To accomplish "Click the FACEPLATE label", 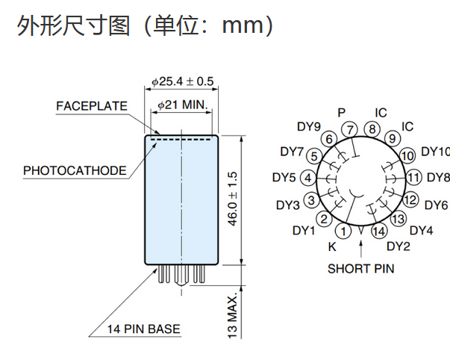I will pyautogui.click(x=91, y=106).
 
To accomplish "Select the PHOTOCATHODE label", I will pyautogui.click(x=75, y=170).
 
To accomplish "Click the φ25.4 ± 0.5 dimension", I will pyautogui.click(x=183, y=81).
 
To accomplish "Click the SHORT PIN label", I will pyautogui.click(x=360, y=268).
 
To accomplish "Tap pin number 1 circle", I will pyautogui.click(x=343, y=231).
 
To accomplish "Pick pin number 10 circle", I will pyautogui.click(x=407, y=156).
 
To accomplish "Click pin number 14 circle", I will pyautogui.click(x=378, y=231).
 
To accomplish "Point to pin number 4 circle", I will pyautogui.click(x=307, y=178).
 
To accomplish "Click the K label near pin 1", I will pyautogui.click(x=332, y=246).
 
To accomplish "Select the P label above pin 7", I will pyautogui.click(x=341, y=112).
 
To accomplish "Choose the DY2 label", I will pyautogui.click(x=399, y=246).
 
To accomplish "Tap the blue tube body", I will pyautogui.click(x=181, y=202).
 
